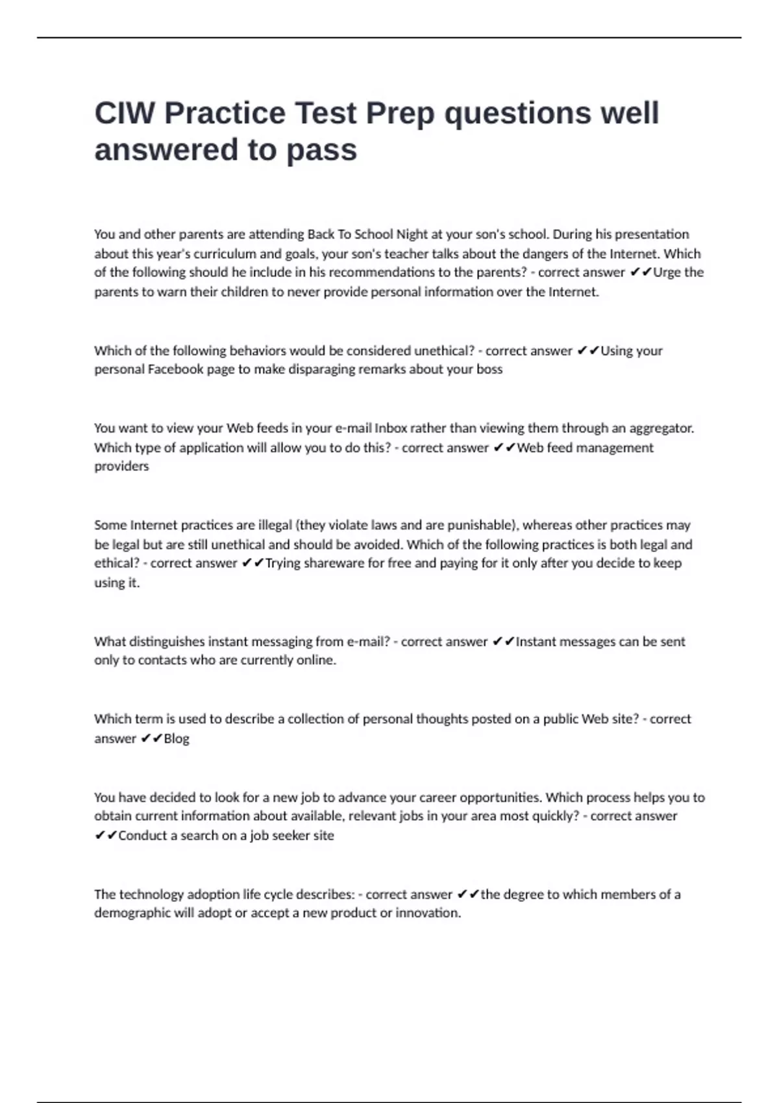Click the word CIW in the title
click(x=125, y=114)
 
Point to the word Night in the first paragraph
click(x=412, y=234)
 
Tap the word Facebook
click(x=175, y=370)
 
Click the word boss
click(x=489, y=370)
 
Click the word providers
click(x=121, y=467)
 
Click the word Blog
click(x=177, y=738)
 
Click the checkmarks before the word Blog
click(x=152, y=738)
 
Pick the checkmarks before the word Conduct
click(x=106, y=836)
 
